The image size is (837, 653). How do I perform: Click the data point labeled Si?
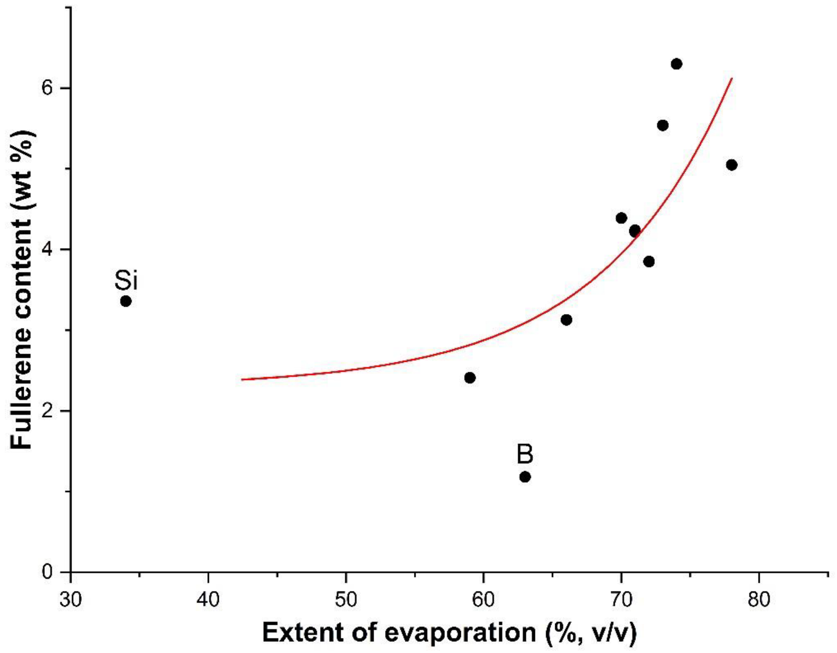126,301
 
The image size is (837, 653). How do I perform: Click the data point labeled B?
525,477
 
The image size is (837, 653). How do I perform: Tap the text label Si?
126,281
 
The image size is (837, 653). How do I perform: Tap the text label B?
525,454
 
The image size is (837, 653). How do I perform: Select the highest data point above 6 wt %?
677,64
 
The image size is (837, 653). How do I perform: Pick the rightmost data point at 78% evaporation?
732,165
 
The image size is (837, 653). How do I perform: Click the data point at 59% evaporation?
470,378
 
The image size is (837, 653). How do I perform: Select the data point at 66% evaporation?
566,320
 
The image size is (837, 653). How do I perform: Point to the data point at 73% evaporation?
663,125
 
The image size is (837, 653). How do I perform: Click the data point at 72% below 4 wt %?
649,261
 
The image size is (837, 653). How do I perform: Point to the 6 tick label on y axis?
47,88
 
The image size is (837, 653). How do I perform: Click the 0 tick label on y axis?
47,572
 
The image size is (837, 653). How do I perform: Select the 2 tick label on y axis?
47,411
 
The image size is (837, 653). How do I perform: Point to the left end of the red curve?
243,379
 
